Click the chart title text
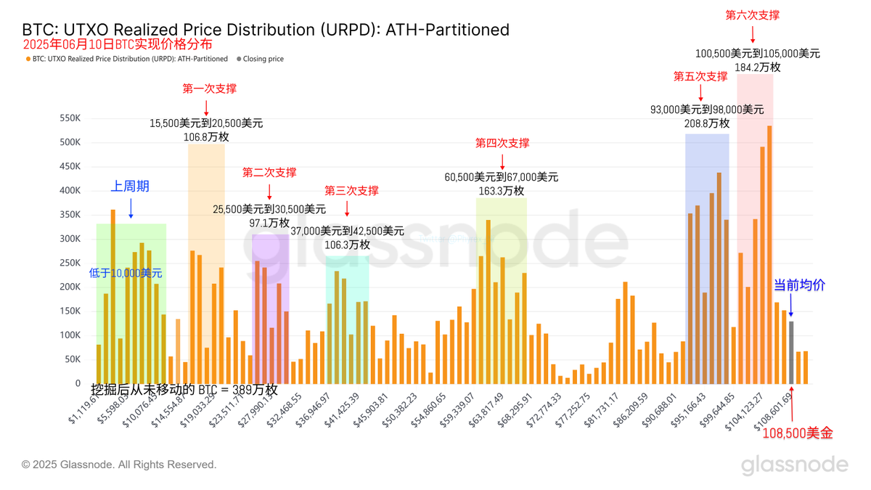[266, 30]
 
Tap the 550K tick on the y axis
[70, 118]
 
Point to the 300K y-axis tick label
[70, 239]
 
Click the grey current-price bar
[791, 353]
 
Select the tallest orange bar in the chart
[769, 254]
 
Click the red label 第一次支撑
[209, 89]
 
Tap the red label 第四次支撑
[502, 143]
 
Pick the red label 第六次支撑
[753, 15]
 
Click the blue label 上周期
[130, 187]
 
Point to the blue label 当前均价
[799, 286]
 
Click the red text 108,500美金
[798, 433]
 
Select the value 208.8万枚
[707, 123]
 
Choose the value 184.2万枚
[758, 67]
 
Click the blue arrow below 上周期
[131, 208]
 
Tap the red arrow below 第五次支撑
[700, 92]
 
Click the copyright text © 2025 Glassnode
[119, 465]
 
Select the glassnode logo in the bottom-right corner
[794, 465]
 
